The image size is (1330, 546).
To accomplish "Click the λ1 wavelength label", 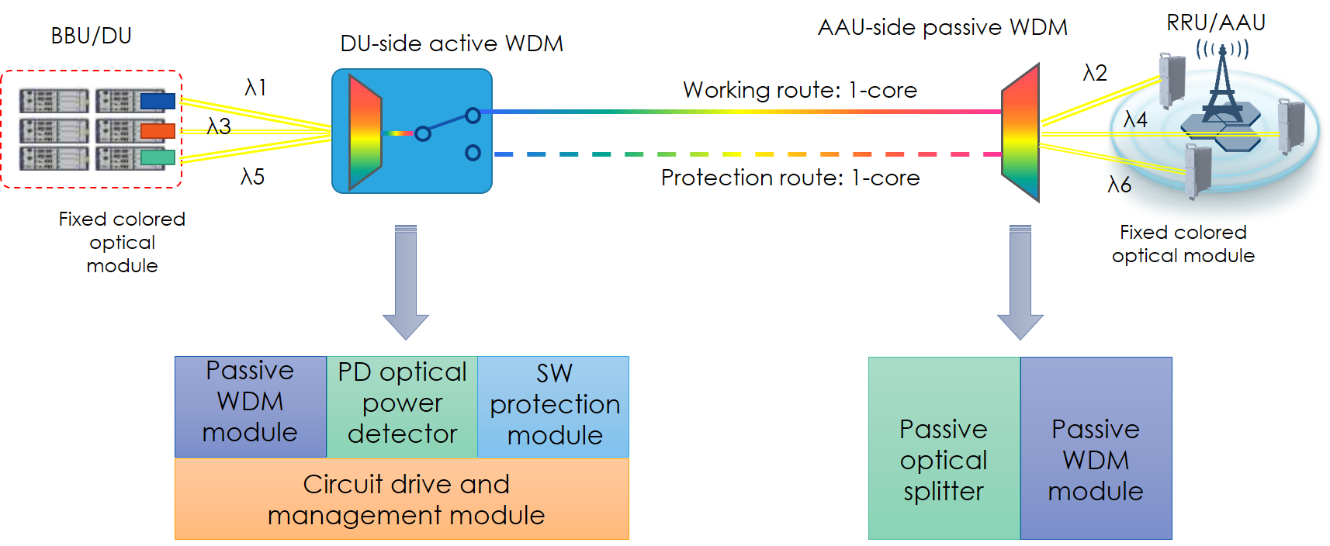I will click(x=255, y=88).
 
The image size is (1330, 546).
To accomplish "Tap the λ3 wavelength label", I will click(x=219, y=126).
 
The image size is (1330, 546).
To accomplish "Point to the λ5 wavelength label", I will click(x=252, y=177).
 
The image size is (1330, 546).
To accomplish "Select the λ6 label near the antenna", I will click(x=1119, y=185).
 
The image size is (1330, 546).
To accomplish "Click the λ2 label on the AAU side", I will click(x=1095, y=73).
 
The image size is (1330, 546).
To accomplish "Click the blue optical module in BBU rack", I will click(x=158, y=101).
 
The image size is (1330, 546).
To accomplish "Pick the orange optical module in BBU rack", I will click(x=158, y=130).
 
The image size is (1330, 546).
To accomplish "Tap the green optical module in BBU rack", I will click(x=158, y=158).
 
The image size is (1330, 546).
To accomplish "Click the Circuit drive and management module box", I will click(x=402, y=499).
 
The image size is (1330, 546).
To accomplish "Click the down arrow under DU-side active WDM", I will click(x=406, y=283).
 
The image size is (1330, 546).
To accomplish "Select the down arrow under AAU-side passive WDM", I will click(x=1020, y=283).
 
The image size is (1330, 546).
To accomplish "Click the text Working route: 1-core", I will click(x=799, y=90).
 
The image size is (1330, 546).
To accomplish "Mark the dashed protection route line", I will click(x=745, y=154).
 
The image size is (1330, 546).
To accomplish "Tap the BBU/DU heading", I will click(x=91, y=36).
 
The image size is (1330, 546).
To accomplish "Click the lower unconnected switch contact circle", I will click(x=473, y=153).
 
